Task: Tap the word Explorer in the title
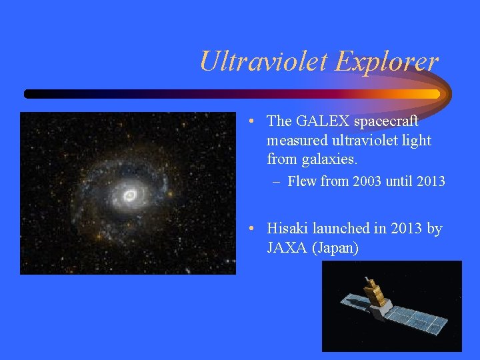tap(387, 61)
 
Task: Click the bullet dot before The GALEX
tap(248, 122)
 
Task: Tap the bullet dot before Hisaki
tap(248, 229)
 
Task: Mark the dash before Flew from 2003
tap(276, 181)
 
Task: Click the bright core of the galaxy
tap(130, 195)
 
